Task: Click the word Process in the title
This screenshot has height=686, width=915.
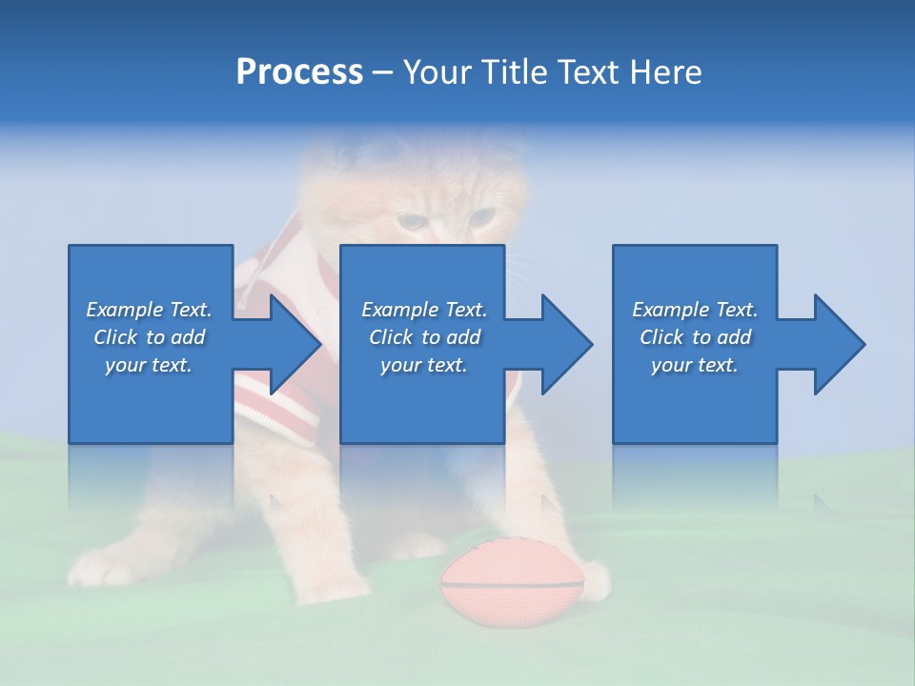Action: pos(299,72)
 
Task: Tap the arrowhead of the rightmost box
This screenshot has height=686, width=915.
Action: pos(838,344)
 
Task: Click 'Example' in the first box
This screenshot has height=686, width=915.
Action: pos(124,310)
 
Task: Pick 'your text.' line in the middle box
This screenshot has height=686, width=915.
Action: pos(423,365)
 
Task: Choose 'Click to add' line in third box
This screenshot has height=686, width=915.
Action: pos(695,337)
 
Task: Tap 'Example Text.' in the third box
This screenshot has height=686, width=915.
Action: pos(695,310)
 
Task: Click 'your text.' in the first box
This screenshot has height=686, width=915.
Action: pos(149,365)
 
